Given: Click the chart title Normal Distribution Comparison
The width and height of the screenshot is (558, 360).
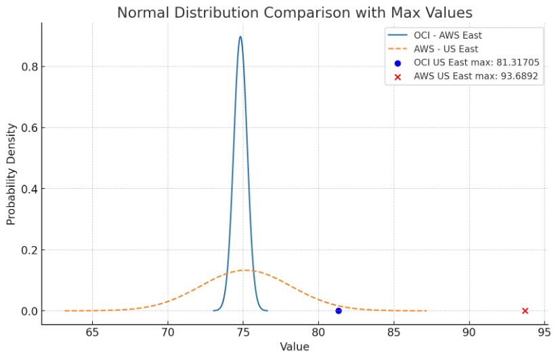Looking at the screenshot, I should coord(295,12).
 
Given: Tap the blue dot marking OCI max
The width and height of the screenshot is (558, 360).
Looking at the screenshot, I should coord(339,311).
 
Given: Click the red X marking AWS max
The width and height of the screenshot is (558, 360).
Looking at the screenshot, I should coord(525,311).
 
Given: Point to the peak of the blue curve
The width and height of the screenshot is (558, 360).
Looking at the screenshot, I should coord(240,37).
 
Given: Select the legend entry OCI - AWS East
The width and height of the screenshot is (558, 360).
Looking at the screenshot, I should coord(448,35).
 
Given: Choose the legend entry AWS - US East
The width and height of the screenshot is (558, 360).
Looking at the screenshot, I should coord(446,49).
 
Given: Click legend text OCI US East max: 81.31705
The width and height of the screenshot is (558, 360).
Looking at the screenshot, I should coord(476,62).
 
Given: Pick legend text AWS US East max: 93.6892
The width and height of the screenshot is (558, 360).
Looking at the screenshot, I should coord(475,76).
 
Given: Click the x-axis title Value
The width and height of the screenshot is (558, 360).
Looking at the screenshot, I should coord(295,346).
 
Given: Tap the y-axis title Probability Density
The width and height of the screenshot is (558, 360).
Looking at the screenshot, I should coord(12,175).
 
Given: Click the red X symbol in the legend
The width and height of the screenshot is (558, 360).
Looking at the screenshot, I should coord(398,76).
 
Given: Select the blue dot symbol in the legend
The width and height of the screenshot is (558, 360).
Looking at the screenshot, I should coord(398,63).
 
